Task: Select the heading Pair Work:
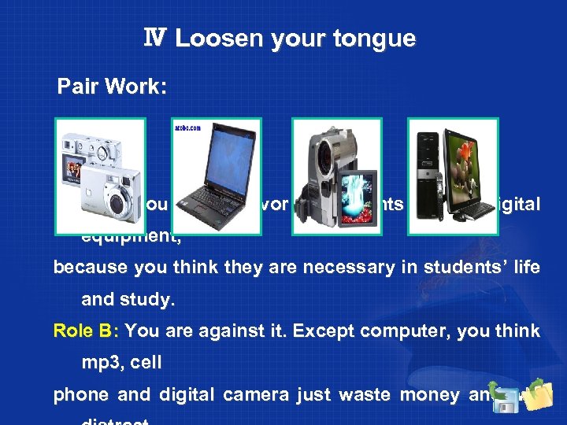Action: click(112, 87)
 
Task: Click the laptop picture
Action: click(216, 177)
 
